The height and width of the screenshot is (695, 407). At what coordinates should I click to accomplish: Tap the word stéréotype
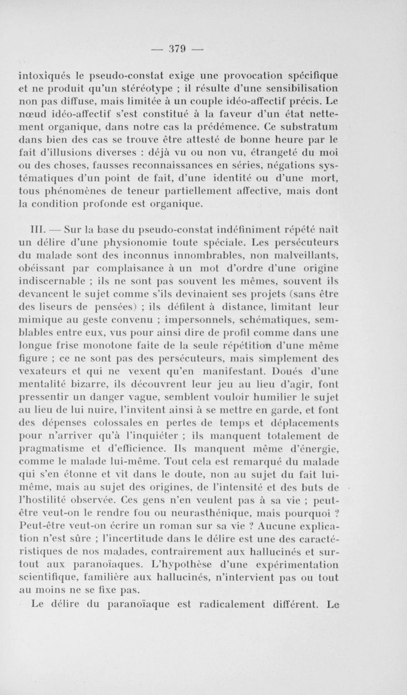(156, 93)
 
